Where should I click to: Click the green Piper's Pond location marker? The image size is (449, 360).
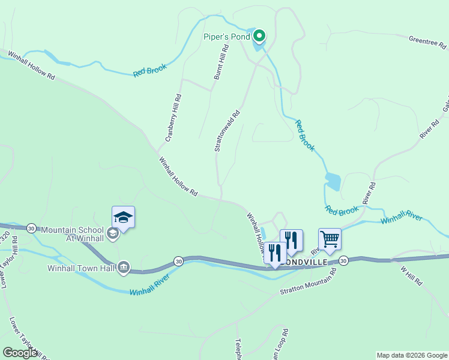click(x=259, y=37)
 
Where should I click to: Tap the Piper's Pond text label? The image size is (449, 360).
click(x=226, y=37)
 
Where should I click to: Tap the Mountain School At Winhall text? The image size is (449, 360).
click(x=73, y=234)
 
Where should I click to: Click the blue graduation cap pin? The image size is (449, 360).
click(x=123, y=217)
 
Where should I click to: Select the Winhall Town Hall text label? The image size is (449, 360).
click(x=82, y=267)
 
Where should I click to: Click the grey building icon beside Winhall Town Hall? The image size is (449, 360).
click(x=124, y=266)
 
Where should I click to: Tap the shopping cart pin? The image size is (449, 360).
click(x=330, y=239)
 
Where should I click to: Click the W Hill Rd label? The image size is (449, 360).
click(x=412, y=274)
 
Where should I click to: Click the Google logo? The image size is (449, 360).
click(x=20, y=353)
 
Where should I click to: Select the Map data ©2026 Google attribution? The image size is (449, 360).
click(x=411, y=355)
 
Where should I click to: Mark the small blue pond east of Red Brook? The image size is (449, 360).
click(x=333, y=182)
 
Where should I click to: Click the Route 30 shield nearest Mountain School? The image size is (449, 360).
click(x=31, y=228)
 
